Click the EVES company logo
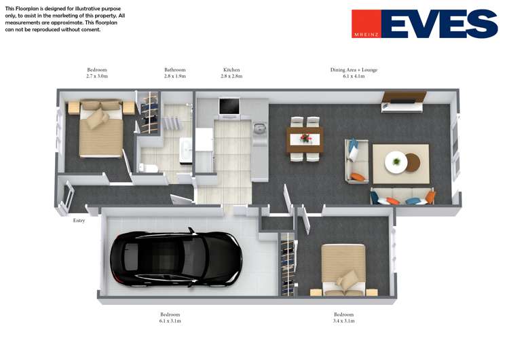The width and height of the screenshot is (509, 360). click(424, 24)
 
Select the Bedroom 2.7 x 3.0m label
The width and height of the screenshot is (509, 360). click(97, 73)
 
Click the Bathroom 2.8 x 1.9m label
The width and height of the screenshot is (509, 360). click(174, 73)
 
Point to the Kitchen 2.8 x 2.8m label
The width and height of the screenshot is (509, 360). click(231, 73)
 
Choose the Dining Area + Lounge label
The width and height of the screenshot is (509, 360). click(354, 73)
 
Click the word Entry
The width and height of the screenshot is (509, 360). click(79, 220)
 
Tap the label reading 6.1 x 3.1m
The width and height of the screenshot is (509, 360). click(170, 321)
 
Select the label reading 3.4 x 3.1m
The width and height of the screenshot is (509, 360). click(343, 321)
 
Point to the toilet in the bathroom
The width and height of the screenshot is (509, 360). click(149, 168)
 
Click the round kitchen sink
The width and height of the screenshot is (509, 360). click(259, 128)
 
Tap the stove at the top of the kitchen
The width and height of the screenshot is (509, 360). click(229, 107)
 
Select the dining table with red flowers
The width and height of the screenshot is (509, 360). click(305, 139)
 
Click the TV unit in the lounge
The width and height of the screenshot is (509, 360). click(404, 102)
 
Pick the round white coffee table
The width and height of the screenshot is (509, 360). click(396, 162)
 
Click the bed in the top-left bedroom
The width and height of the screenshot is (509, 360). click(100, 129)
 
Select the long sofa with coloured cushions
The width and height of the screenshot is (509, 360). click(402, 197)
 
